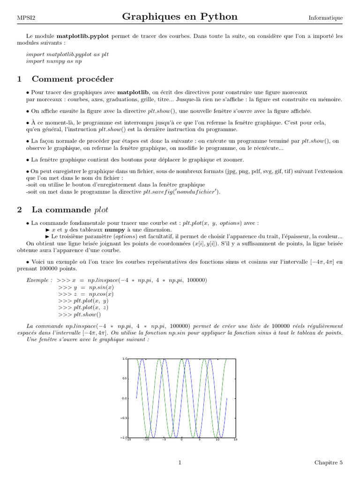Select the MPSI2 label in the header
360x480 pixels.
27,18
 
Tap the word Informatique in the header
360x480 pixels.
325,18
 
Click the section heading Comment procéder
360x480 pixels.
72,79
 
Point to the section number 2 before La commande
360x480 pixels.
19,210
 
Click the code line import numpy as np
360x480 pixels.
54,61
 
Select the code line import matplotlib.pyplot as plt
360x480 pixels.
67,54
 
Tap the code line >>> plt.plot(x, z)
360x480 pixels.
83,307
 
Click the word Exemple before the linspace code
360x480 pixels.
38,280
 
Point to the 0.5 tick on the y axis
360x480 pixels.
124,378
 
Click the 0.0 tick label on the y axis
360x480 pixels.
124,398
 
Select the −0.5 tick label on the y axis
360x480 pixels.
123,418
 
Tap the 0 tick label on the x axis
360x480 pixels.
181,440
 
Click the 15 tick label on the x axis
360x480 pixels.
235,440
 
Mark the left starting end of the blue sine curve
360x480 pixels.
136,398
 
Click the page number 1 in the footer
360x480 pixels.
180,463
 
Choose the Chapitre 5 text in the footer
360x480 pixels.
328,463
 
